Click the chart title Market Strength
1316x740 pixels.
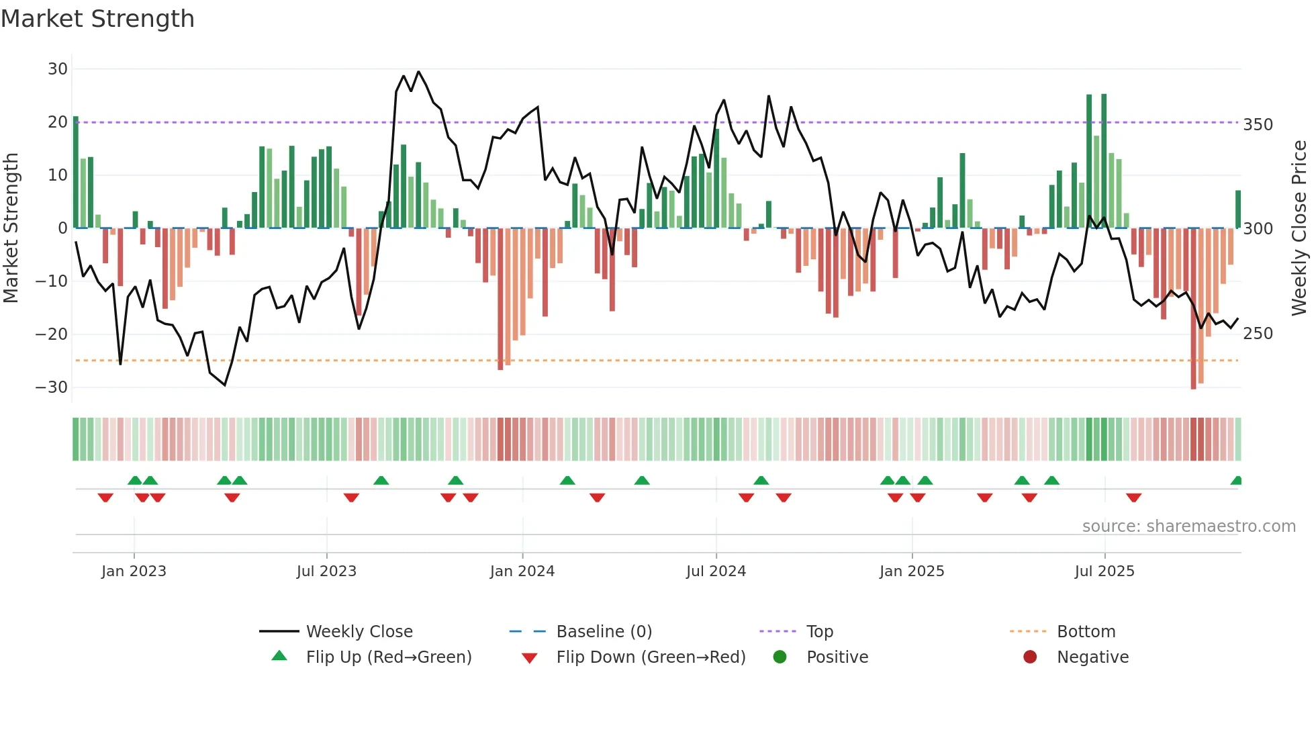tap(97, 19)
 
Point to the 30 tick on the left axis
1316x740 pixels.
tap(58, 69)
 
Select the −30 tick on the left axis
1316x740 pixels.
tap(52, 387)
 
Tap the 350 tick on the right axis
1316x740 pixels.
tap(1258, 125)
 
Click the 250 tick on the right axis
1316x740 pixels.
tap(1258, 334)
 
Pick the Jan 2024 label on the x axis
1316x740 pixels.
tap(522, 571)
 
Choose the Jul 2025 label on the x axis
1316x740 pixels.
tap(1104, 571)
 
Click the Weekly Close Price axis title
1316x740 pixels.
tap(1299, 228)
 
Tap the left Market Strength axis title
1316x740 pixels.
tap(11, 228)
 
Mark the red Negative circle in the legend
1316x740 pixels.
tap(1030, 657)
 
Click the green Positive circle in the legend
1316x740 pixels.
tap(780, 657)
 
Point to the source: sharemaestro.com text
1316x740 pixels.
tap(1188, 526)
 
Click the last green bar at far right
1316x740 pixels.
tap(1237, 210)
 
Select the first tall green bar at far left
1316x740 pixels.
tap(76, 172)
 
